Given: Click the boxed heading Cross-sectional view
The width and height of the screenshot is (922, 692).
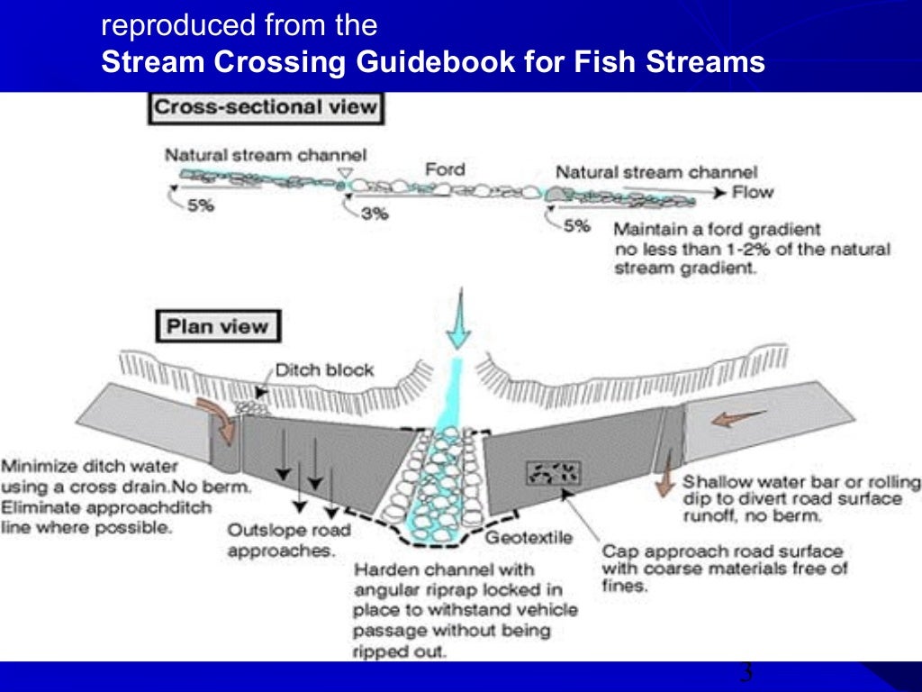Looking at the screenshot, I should tap(266, 108).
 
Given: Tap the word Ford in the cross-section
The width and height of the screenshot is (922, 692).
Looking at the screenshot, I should tap(444, 169).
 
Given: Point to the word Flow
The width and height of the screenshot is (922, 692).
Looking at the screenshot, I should tap(752, 192).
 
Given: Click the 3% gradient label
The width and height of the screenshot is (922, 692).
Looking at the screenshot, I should tap(373, 215).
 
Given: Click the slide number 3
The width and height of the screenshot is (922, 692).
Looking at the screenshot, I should tap(746, 673).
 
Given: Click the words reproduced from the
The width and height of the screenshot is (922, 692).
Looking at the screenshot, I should tap(239, 25).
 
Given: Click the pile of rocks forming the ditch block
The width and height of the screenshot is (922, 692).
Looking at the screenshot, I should tap(255, 408).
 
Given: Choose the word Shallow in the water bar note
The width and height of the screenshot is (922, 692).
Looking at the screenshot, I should tap(715, 481).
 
